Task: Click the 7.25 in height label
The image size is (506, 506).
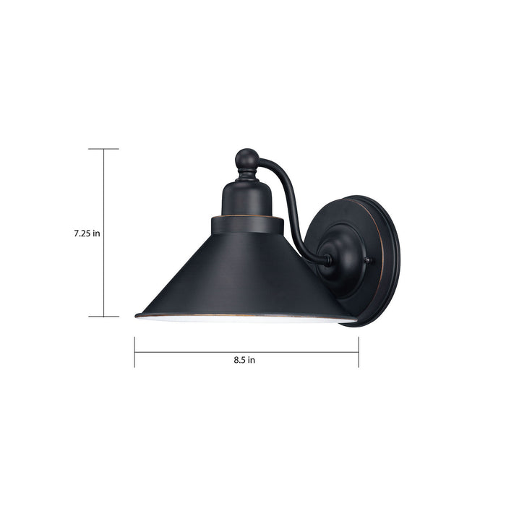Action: [x=86, y=233]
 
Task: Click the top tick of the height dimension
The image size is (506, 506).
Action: [x=103, y=149]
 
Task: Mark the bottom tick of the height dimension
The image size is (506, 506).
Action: [x=103, y=316]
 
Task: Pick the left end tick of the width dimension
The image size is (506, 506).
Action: [x=134, y=352]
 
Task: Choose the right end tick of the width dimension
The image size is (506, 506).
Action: [x=358, y=352]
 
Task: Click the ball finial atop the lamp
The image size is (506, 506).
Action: [x=246, y=159]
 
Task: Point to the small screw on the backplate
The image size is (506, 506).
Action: [x=368, y=261]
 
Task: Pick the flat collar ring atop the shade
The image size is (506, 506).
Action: [x=246, y=224]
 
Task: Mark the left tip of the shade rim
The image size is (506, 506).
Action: [x=137, y=314]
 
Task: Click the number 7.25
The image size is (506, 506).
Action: [x=81, y=233]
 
